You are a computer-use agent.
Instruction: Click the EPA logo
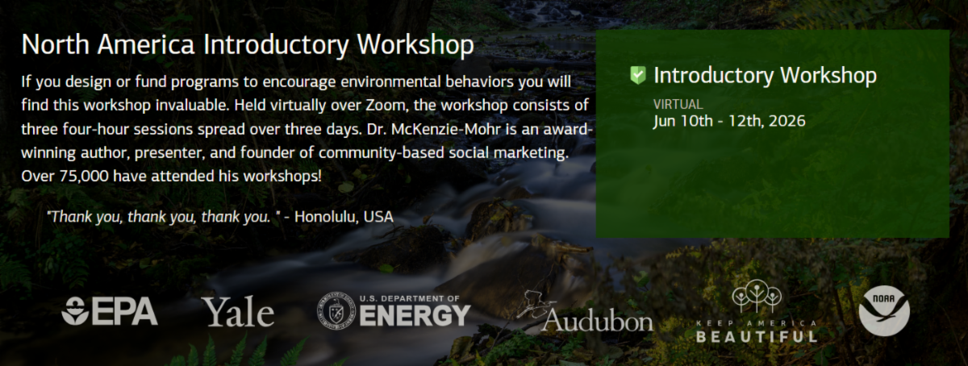pos(110,310)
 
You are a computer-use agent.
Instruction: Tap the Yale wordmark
pos(239,312)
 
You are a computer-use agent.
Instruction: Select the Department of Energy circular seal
pos(336,310)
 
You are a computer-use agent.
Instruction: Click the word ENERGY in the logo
pos(415,315)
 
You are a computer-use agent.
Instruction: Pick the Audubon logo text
pos(597,322)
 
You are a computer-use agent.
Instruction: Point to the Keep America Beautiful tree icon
pos(757,296)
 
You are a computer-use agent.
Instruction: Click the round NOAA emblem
pos(884,310)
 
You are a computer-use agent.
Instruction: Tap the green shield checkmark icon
pos(638,75)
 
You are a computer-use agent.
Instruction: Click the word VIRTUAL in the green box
pos(678,105)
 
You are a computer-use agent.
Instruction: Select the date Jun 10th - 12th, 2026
pos(729,121)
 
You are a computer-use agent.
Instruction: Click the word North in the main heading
pos(56,44)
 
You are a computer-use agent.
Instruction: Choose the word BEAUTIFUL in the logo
pos(757,336)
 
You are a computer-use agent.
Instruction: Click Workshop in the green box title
pos(828,76)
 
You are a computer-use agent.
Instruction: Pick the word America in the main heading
pos(146,44)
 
